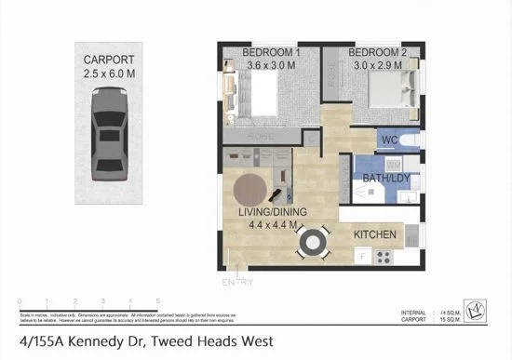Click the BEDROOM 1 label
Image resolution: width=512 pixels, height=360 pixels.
coord(271,51)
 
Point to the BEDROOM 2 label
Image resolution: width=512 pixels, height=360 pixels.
coord(379,51)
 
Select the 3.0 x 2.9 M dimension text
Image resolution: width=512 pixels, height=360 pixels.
coord(379,65)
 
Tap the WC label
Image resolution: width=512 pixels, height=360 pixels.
coord(389,141)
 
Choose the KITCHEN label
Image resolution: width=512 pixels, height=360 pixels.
coord(376,234)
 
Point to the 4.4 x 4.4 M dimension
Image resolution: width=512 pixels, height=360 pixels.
coord(273,225)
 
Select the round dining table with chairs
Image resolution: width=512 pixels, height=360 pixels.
coord(311,244)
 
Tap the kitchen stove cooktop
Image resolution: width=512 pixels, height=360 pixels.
coord(382,258)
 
